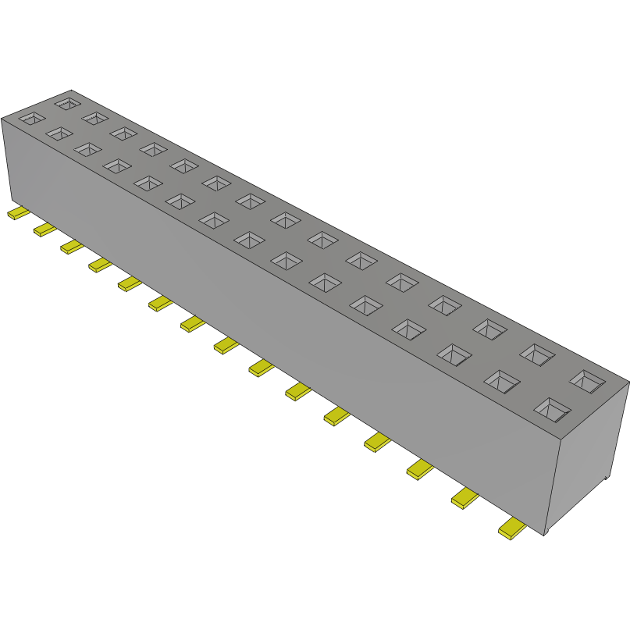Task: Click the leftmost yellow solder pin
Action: (x=17, y=213)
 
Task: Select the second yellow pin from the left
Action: (x=44, y=229)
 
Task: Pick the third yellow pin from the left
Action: (x=72, y=247)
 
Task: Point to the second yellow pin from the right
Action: (x=465, y=499)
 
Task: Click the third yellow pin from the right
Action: (x=420, y=469)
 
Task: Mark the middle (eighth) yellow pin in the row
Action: (x=226, y=345)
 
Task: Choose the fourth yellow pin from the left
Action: (x=100, y=265)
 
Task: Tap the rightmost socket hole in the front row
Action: (x=552, y=408)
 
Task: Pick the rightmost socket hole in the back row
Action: (x=586, y=381)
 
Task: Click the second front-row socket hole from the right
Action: (x=502, y=381)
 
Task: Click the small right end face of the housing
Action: (x=589, y=461)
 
